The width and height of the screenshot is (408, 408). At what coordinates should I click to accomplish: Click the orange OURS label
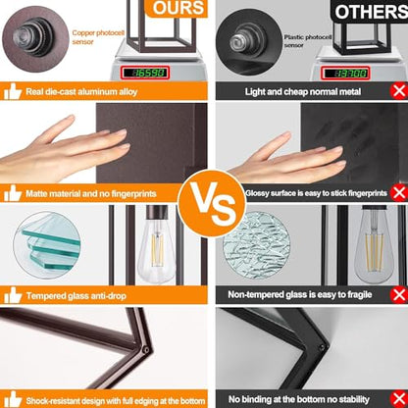(x=177, y=8)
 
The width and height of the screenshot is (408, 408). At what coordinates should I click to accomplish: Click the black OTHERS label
(x=370, y=11)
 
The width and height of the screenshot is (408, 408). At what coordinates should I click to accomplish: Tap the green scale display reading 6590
(x=145, y=73)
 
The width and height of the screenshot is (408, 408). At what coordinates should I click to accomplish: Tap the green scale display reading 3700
(x=345, y=73)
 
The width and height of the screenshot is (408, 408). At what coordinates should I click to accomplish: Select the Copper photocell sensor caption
(x=98, y=37)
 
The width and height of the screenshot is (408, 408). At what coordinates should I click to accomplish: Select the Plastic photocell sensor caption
(x=308, y=41)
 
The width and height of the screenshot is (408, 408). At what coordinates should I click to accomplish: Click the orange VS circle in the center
(x=212, y=203)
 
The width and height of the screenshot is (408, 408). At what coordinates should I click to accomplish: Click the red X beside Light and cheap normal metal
(x=399, y=91)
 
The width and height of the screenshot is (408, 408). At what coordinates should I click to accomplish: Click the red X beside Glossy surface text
(x=399, y=192)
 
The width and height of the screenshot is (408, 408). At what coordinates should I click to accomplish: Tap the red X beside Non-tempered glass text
(x=399, y=295)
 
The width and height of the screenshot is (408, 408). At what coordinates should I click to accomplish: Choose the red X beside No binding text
(x=399, y=399)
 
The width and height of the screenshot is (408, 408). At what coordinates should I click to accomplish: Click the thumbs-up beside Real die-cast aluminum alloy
(x=13, y=91)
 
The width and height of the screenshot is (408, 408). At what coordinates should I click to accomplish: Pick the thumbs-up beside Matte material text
(x=13, y=193)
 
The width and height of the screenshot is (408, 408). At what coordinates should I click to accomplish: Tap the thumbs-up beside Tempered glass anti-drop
(x=13, y=295)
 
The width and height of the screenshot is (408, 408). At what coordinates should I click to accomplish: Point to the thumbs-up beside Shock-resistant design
(x=13, y=399)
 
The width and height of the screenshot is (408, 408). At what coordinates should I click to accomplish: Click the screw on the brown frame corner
(x=146, y=350)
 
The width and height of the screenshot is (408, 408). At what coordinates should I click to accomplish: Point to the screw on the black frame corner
(x=323, y=347)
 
